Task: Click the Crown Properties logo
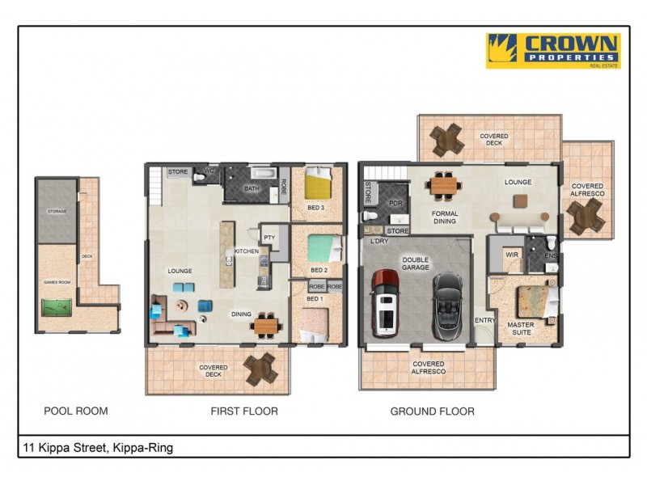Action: click(552, 50)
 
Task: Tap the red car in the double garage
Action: click(385, 303)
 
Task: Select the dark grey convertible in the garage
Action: click(446, 306)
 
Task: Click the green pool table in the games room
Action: click(56, 307)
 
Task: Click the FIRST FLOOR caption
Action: click(244, 411)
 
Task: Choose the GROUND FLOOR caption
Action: click(432, 411)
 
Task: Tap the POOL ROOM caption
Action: click(75, 411)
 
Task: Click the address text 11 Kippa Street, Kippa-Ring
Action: click(98, 447)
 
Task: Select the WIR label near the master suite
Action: click(510, 255)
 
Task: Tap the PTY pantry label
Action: click(269, 237)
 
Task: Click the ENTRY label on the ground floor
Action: click(485, 321)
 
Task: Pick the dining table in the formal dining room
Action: click(444, 185)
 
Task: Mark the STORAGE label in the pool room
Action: click(57, 211)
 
